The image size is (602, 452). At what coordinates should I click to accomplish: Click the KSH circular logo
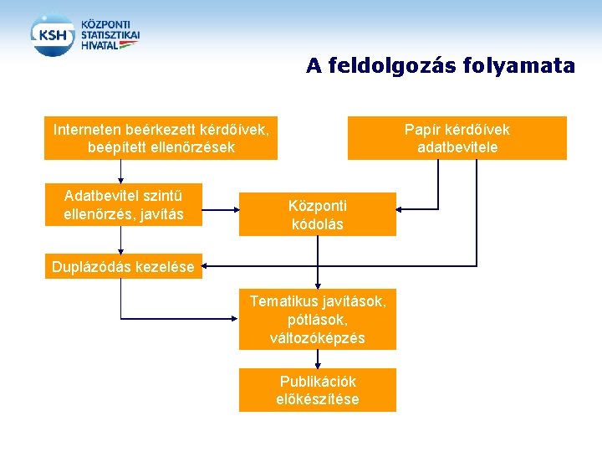pos(53,35)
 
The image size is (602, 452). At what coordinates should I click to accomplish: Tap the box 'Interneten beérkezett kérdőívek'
pos(161,138)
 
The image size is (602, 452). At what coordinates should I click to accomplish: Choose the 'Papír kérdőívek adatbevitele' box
pos(457,138)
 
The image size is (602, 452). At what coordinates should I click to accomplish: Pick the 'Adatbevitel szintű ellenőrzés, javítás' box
pos(123,205)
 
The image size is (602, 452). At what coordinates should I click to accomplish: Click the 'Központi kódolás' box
pos(318,215)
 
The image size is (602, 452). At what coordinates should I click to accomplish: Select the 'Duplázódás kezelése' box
pos(123,268)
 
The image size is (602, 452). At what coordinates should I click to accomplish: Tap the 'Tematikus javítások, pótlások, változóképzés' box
pos(318,319)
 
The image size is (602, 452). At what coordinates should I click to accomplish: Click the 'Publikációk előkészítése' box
pos(318,390)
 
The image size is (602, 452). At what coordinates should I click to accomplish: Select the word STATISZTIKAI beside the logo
pos(110,35)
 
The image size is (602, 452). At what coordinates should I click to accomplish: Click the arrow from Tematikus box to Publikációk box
pos(318,359)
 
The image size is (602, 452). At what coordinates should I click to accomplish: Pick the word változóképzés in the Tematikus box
pos(318,338)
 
